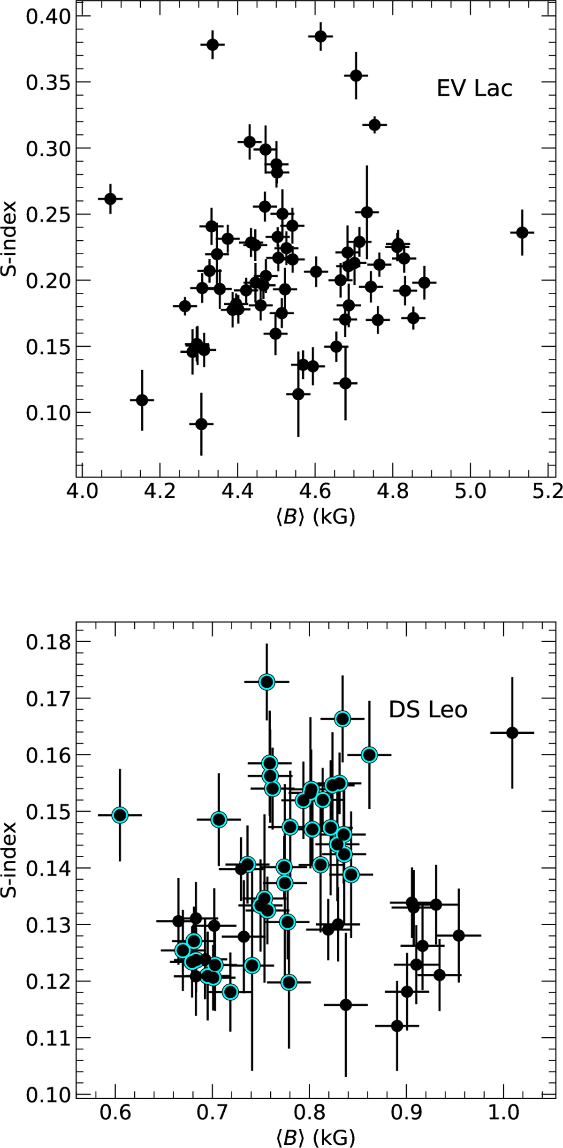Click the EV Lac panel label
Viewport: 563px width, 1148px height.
coord(474,89)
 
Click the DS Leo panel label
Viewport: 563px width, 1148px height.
coord(428,710)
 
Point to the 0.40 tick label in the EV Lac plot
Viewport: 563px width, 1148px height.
coord(47,16)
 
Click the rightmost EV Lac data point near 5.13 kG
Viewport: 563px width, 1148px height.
coord(522,233)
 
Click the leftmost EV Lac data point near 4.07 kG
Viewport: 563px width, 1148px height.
coord(110,199)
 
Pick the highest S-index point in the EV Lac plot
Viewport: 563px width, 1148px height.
coord(321,36)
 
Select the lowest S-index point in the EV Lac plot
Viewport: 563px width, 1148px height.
coord(201,424)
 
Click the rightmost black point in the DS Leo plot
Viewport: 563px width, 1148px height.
coord(512,733)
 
